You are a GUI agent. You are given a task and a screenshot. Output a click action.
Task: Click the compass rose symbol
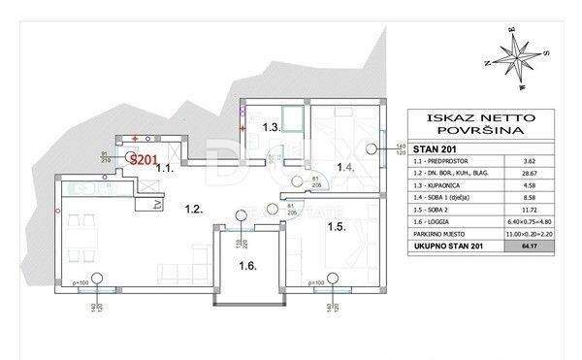pyautogui.click(x=514, y=56)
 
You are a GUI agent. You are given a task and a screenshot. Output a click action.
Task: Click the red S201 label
pyautogui.click(x=145, y=160)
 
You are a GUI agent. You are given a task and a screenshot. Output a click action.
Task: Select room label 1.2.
pyautogui.click(x=193, y=208)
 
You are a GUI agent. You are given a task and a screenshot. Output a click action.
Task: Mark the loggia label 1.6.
pyautogui.click(x=248, y=264)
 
